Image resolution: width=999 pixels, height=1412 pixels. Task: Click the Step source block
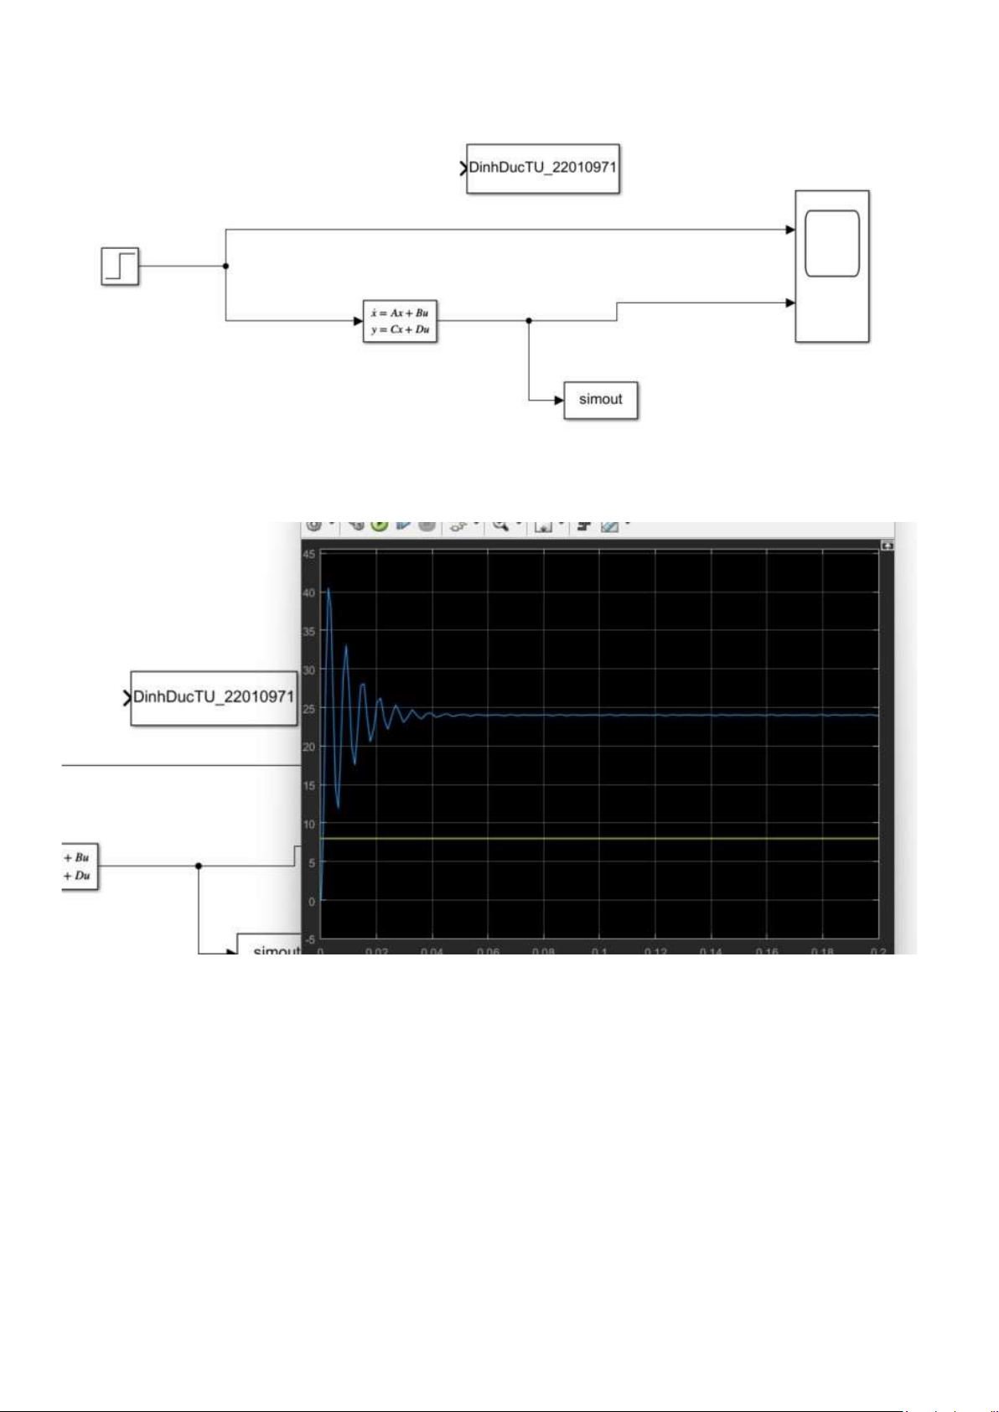point(120,266)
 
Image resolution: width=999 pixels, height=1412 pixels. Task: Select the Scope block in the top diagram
point(831,266)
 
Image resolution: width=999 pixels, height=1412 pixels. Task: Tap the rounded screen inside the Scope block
point(831,243)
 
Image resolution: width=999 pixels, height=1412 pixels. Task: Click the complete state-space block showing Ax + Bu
point(400,321)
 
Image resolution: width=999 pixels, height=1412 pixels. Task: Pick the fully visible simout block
point(600,400)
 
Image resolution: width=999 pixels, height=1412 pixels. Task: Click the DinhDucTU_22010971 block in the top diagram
point(542,168)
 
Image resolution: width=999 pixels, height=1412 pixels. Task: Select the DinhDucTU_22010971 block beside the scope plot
point(214,697)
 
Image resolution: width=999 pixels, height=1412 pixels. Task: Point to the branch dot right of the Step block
point(225,266)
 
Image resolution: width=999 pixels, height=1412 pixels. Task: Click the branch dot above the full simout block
point(528,320)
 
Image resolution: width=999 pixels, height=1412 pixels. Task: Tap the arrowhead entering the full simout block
point(559,400)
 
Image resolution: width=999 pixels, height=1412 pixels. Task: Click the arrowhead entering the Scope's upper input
point(790,230)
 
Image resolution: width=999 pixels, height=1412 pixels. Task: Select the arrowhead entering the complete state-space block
point(358,320)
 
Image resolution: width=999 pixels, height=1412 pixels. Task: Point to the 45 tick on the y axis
point(309,554)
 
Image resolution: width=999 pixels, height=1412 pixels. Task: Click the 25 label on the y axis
point(309,708)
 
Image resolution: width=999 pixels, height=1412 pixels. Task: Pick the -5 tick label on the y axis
point(309,939)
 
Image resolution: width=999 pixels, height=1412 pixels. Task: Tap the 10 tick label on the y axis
point(309,824)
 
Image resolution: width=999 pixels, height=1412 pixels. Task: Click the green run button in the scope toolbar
point(379,525)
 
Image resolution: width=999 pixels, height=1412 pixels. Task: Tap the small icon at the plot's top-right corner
point(887,546)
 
